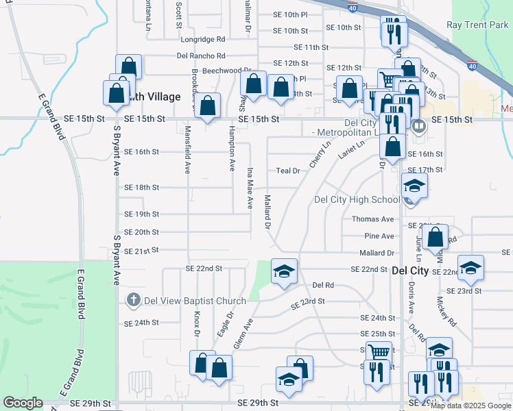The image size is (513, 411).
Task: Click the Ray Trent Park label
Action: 478,25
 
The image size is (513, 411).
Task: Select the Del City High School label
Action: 357,199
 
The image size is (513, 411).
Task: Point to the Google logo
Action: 23,403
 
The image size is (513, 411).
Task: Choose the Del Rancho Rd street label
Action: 201,55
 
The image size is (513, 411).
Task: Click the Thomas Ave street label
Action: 373,219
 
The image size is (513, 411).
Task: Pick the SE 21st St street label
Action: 141,251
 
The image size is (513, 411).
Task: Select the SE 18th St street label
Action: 142,187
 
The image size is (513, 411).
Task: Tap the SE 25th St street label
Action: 379,334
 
